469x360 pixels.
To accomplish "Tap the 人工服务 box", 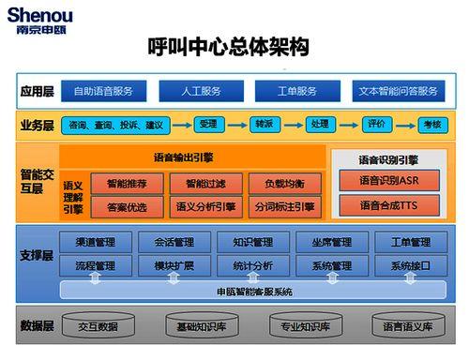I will click(202, 91).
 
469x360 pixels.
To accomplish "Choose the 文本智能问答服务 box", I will click(398, 91).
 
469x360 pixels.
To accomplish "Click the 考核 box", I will click(431, 124).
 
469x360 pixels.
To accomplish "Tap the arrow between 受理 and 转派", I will click(236, 124).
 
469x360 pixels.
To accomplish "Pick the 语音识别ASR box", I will click(388, 180).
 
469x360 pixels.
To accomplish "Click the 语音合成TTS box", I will click(388, 203).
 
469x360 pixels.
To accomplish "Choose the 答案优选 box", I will click(127, 206).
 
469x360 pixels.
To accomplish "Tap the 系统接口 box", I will click(410, 266).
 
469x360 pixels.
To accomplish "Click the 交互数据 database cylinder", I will click(98, 326).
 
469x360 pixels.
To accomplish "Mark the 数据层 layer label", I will click(35, 326).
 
